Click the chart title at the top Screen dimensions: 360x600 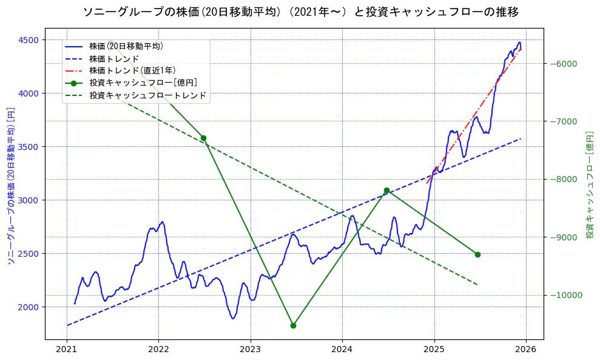[x=300, y=12]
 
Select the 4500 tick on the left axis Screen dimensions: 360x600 [x=29, y=40]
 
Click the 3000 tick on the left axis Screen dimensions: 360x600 [x=29, y=200]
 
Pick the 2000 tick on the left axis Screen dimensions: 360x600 [x=29, y=307]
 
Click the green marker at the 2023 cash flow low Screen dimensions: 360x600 [x=293, y=325]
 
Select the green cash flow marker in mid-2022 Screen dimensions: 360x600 [x=203, y=138]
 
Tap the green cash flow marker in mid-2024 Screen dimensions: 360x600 [x=386, y=191]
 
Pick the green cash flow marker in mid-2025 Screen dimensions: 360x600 [x=477, y=254]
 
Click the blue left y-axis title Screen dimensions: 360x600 [x=11, y=186]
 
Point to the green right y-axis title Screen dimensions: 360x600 [x=589, y=185]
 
